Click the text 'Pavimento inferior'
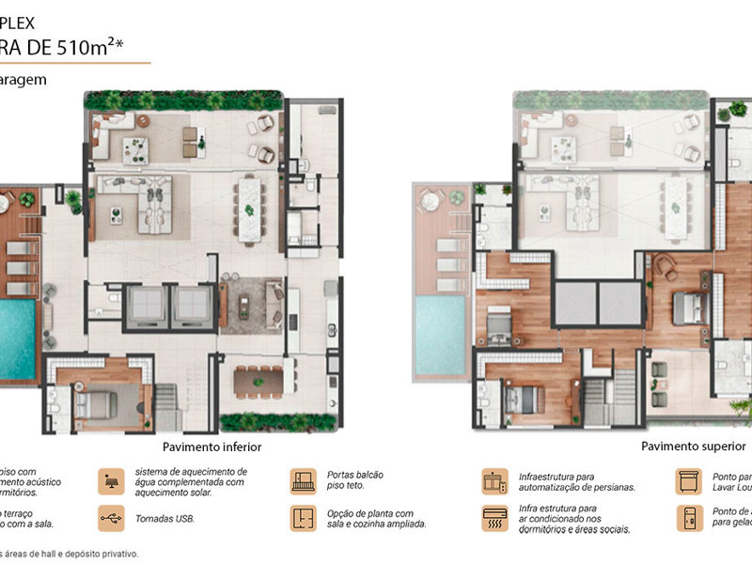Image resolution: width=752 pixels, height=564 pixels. [x=211, y=447]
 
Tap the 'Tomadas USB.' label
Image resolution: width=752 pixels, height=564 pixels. [x=166, y=518]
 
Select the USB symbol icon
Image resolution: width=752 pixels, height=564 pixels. [x=112, y=518]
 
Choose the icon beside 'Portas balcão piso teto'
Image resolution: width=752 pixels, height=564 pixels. [x=303, y=480]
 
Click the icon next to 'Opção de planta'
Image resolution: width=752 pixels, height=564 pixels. [x=303, y=518]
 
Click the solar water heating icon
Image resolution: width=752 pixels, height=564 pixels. [x=112, y=480]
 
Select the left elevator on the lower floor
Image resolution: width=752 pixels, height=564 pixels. [x=146, y=305]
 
